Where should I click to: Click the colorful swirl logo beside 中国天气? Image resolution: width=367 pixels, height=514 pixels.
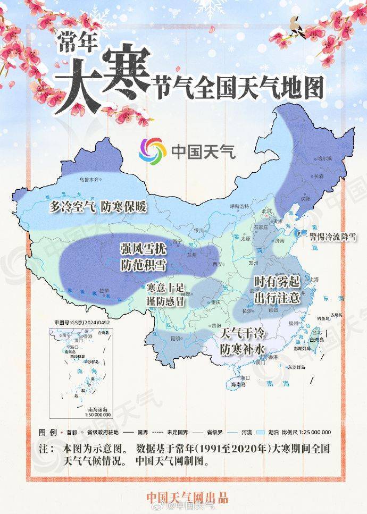tap(153, 151)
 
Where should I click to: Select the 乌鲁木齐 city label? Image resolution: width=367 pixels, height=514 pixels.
tap(89, 180)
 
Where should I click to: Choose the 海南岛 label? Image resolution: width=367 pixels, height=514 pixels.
tap(238, 384)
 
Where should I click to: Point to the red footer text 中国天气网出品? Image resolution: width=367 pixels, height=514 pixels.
tap(187, 498)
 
